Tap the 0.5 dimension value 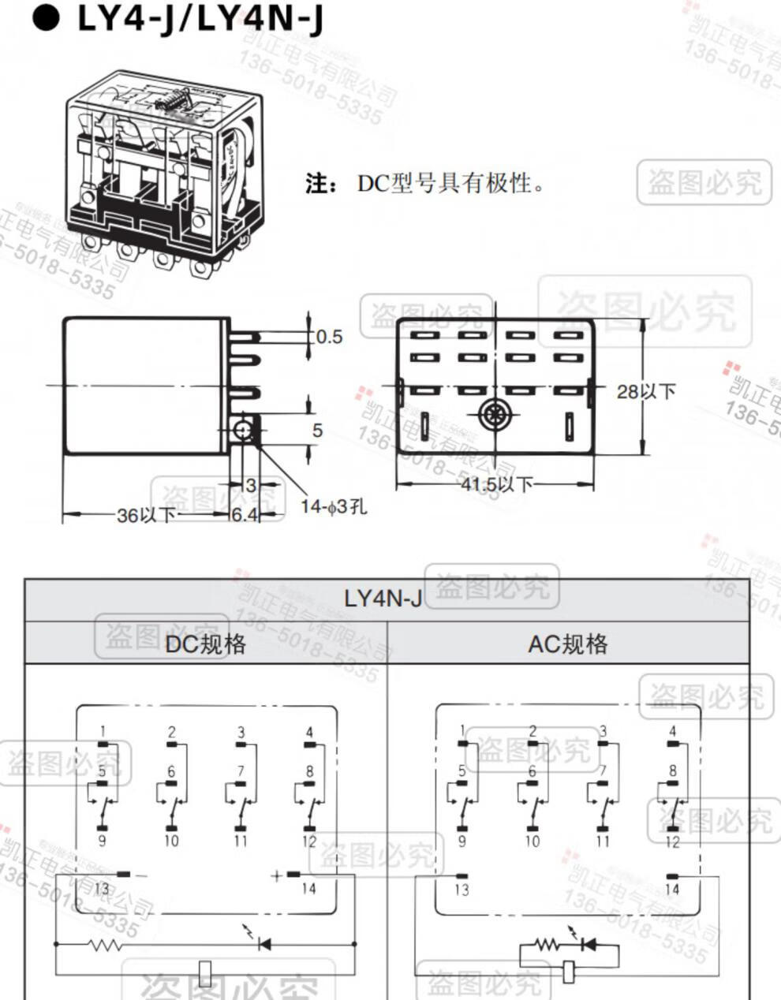click(329, 337)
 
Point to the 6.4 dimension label click(245, 516)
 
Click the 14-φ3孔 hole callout click(334, 506)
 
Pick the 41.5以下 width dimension click(497, 483)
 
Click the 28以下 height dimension click(646, 390)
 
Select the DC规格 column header click(205, 644)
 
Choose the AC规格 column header click(568, 644)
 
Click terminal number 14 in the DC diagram click(308, 889)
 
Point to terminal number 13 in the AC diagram click(461, 890)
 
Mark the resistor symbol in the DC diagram click(105, 944)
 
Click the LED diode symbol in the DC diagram click(263, 942)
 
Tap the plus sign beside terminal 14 click(277, 875)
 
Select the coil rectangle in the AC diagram click(570, 972)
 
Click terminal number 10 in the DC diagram click(171, 841)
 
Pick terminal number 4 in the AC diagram click(672, 731)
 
